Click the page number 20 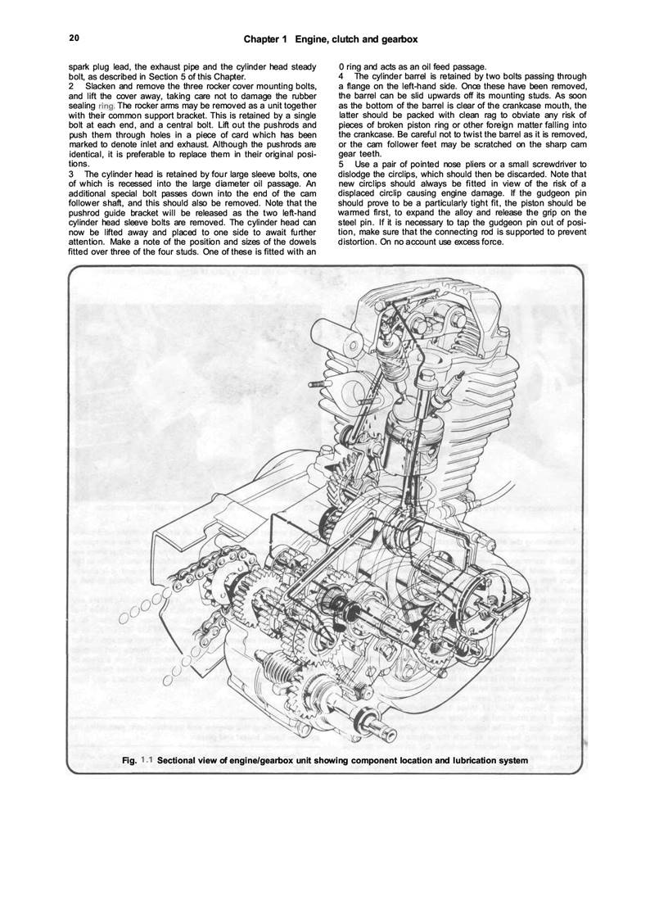click(x=74, y=38)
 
